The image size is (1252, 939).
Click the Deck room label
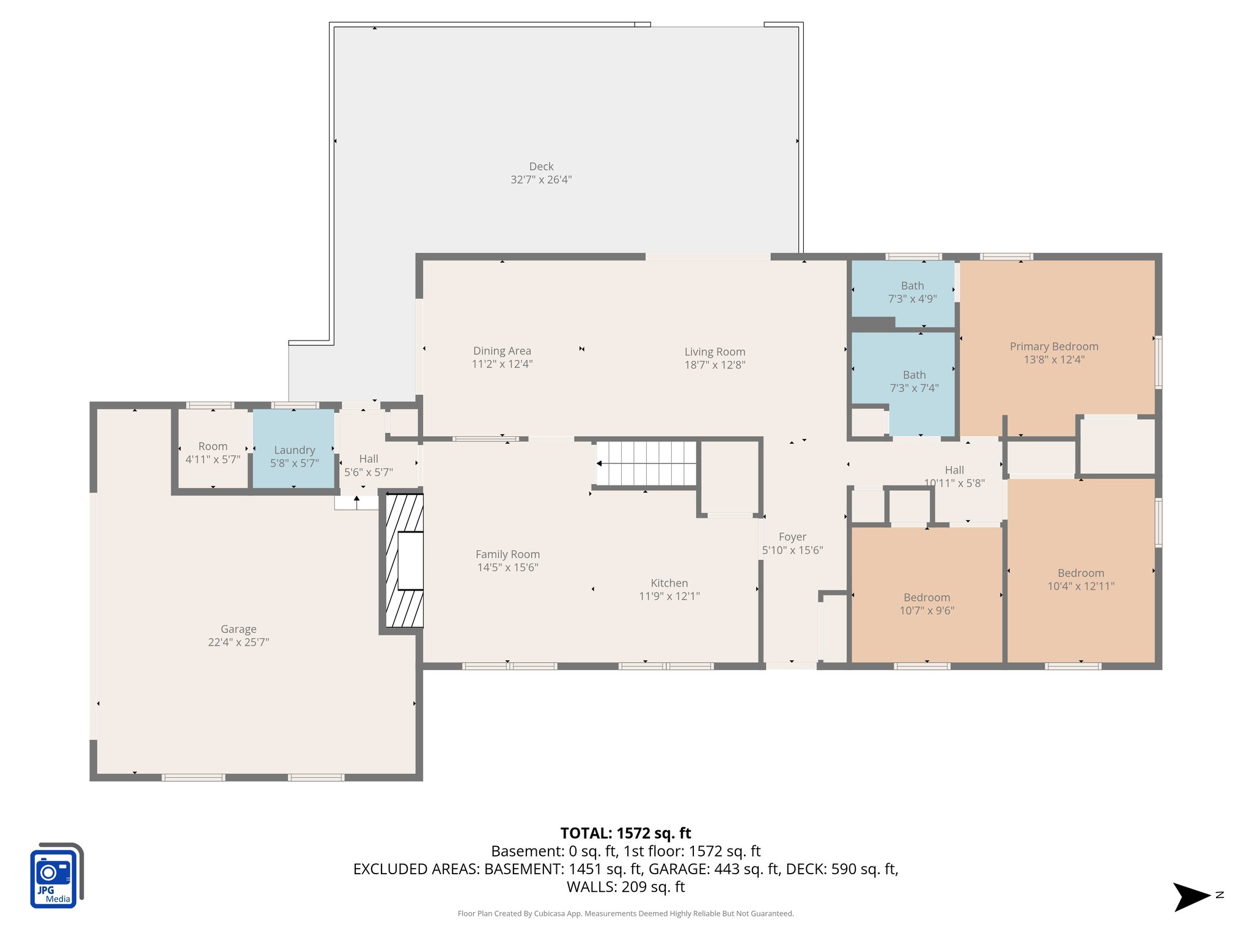point(541,166)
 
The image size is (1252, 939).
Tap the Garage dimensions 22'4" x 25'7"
point(238,642)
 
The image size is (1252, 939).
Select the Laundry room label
point(294,450)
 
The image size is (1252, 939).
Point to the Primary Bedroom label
point(1054,347)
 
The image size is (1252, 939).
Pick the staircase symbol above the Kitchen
point(647,463)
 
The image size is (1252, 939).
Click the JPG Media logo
point(56,875)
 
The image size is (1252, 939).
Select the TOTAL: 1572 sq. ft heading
point(625,833)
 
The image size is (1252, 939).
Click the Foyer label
point(792,537)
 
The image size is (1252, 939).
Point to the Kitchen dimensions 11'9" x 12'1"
point(669,596)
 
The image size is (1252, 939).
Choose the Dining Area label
point(502,351)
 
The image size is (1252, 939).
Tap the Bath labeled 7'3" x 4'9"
point(912,292)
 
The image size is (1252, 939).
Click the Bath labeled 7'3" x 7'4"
point(914,381)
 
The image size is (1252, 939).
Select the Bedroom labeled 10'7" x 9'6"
point(927,603)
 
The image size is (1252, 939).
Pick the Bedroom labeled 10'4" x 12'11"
point(1081,579)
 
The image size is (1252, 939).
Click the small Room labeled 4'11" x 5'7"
point(213,452)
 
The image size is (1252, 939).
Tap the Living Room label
point(715,352)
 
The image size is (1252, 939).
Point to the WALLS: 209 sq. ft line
point(625,886)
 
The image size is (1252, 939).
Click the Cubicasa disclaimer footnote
point(625,913)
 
